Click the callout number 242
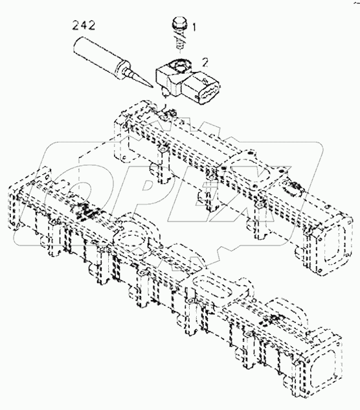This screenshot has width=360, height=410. coord(84,27)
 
